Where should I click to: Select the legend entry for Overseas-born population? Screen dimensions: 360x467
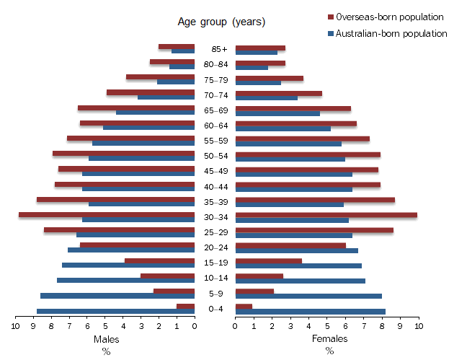pos(386,17)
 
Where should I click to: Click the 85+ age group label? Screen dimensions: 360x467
pos(219,50)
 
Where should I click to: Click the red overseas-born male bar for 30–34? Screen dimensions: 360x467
pos(107,215)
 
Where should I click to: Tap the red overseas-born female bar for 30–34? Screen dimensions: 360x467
pos(326,215)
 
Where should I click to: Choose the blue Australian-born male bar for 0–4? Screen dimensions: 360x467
pos(115,312)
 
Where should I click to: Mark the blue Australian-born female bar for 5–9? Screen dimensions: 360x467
pos(308,296)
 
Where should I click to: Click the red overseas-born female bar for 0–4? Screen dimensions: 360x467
pos(244,307)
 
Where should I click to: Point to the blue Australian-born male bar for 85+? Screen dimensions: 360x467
pos(183,52)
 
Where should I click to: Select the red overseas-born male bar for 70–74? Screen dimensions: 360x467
pos(151,92)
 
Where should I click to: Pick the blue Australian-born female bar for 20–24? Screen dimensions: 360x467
pos(297,250)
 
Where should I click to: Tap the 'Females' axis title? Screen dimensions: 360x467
pos(329,339)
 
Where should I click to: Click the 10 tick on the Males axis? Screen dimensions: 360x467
pos(15,326)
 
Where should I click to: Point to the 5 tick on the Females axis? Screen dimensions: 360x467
pos(327,326)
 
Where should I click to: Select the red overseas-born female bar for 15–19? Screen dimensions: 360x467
pos(269,261)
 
